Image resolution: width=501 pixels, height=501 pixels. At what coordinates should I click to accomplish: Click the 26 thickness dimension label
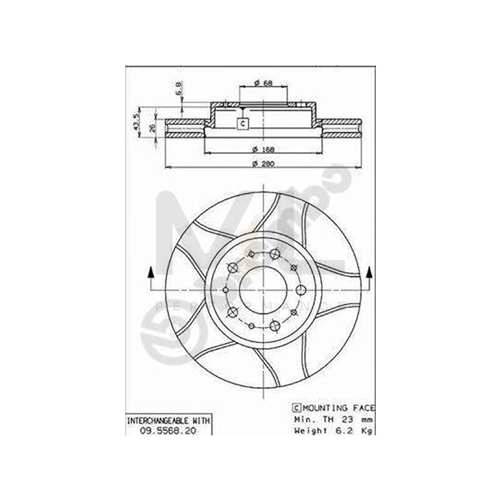click(153, 127)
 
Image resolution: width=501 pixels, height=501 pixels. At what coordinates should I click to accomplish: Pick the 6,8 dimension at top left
click(178, 88)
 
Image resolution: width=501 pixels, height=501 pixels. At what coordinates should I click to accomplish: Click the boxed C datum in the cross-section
click(242, 124)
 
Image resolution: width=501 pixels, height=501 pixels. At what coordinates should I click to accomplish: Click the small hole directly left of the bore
click(225, 289)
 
